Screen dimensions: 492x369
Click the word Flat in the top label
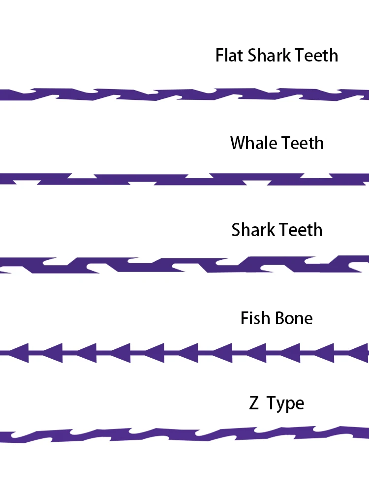point(229,55)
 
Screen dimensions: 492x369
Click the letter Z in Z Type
point(254,404)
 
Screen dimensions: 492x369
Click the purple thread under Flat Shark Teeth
point(184,94)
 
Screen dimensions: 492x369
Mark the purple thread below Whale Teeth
point(184,180)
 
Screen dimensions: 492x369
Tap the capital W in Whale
point(238,143)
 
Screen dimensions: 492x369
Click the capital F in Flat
point(220,55)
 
